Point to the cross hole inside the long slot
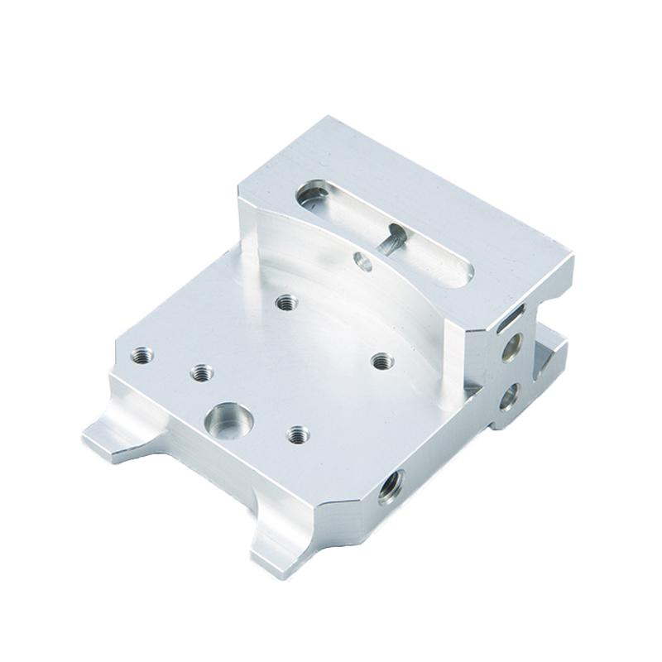pos(391,241)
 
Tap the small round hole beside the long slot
pos(362,261)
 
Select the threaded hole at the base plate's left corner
pos(142,356)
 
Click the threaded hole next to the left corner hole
pos(201,372)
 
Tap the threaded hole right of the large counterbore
pos(297,434)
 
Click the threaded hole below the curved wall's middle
pos(286,302)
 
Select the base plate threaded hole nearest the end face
pos(381,361)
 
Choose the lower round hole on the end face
pos(509,397)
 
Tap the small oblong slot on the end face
pos(512,314)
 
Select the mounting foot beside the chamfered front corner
pos(277,542)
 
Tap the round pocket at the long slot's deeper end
pos(313,196)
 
